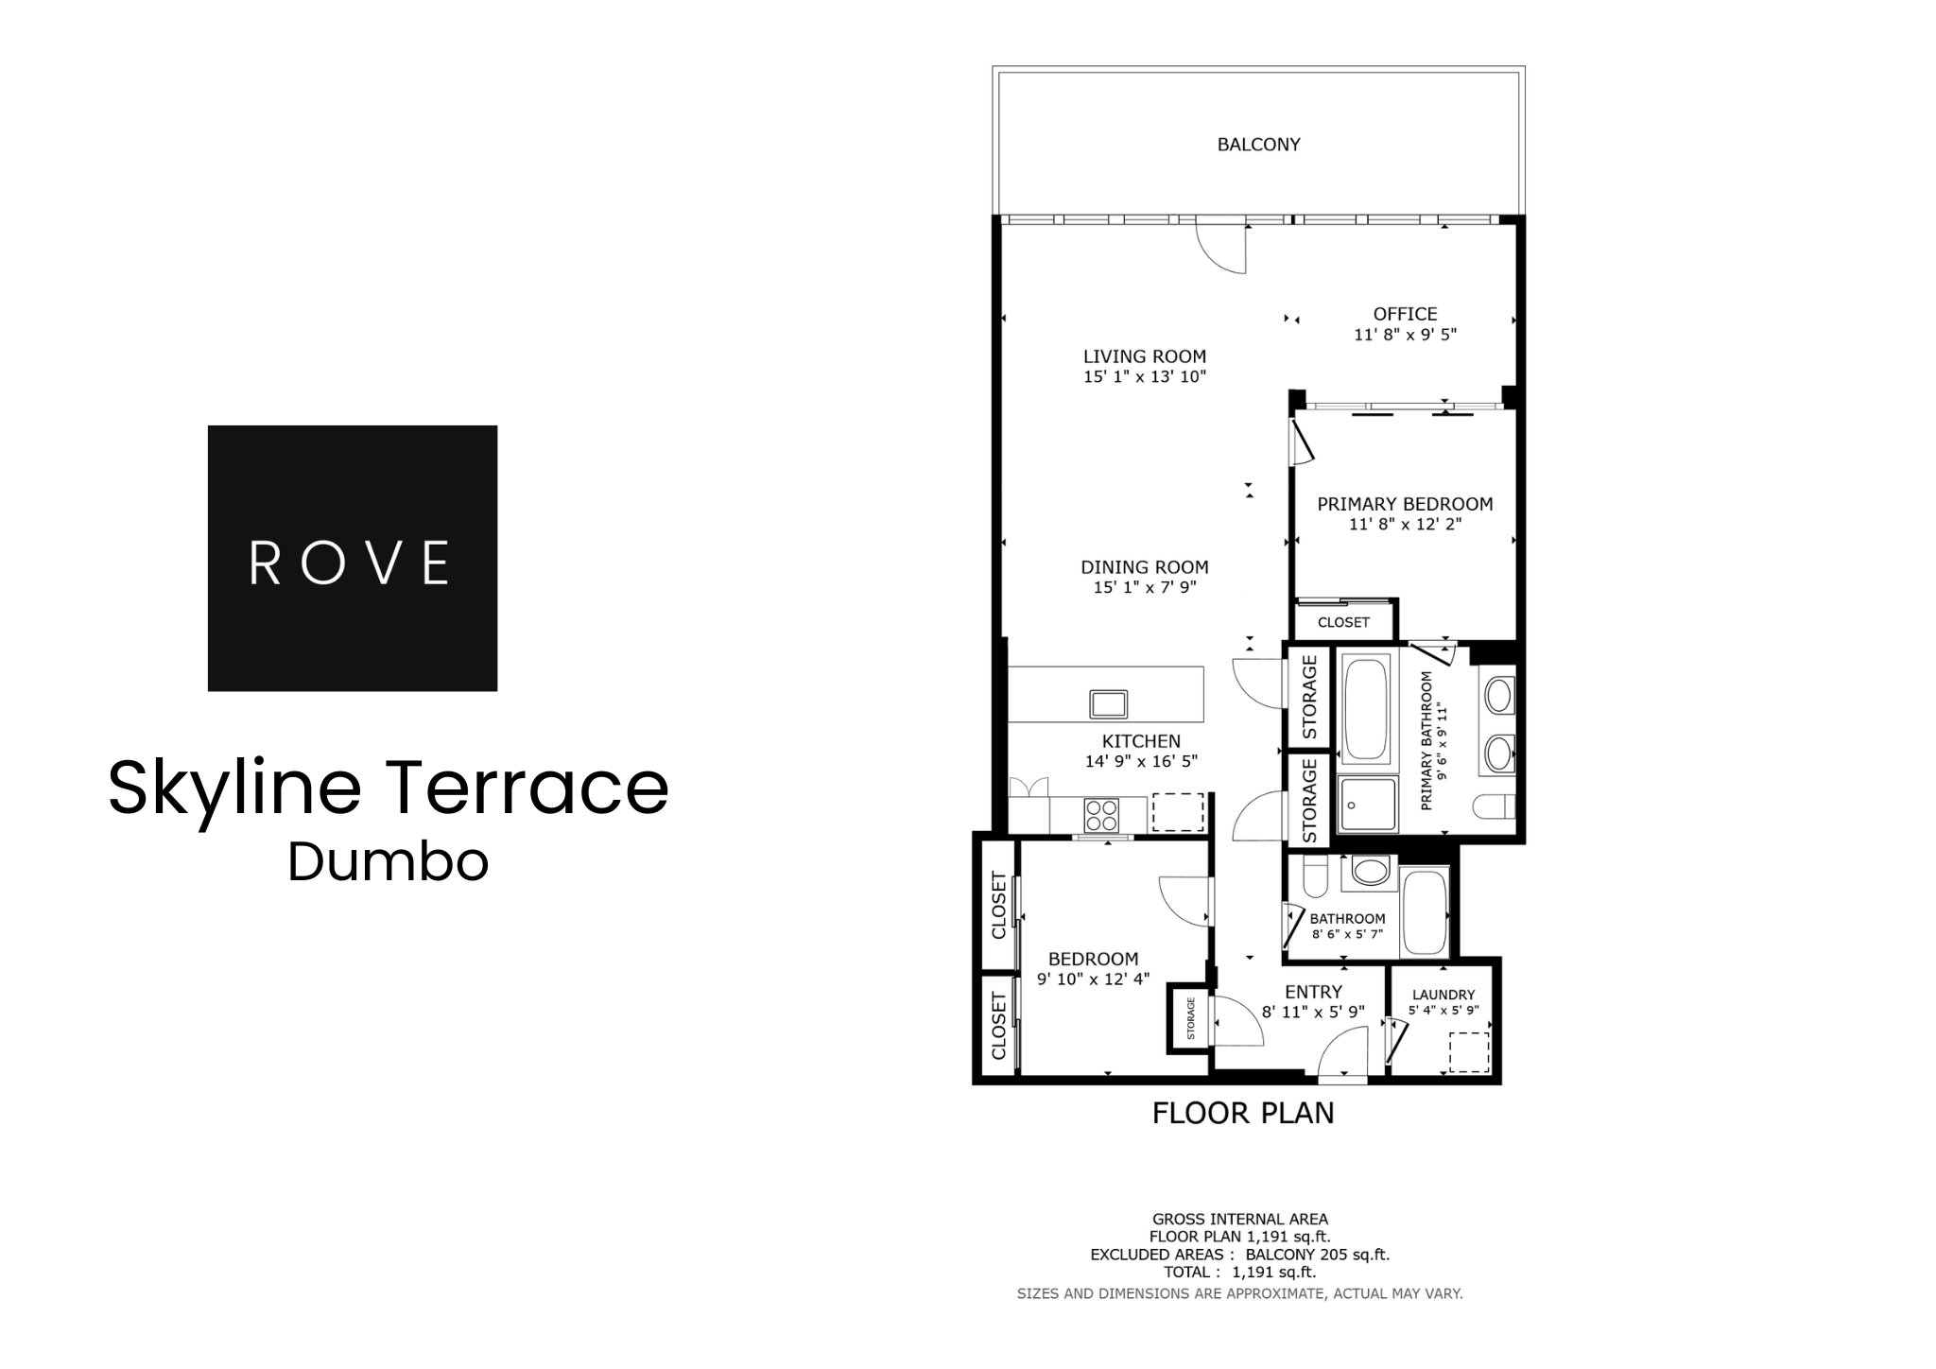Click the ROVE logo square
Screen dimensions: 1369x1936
pos(352,558)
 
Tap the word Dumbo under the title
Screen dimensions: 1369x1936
pos(388,862)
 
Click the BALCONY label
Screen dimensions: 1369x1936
pos(1258,145)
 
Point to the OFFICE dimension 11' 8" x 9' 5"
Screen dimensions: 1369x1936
pos(1405,335)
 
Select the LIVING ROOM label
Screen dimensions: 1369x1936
pos(1144,356)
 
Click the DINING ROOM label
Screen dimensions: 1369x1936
pos(1144,567)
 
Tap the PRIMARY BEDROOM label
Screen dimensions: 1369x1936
pos(1405,504)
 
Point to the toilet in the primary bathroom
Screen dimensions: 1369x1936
pos(1494,806)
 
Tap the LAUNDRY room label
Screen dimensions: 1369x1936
pos(1443,995)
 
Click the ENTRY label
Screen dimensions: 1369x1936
pos(1313,992)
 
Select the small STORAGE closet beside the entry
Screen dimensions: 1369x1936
pos(1189,1018)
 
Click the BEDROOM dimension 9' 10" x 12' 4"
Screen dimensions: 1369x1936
pos(1093,979)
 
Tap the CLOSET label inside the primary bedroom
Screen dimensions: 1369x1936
pos(1343,622)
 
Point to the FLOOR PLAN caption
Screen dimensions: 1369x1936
pos(1242,1113)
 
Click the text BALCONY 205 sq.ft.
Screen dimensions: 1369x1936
pos(1317,1255)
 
